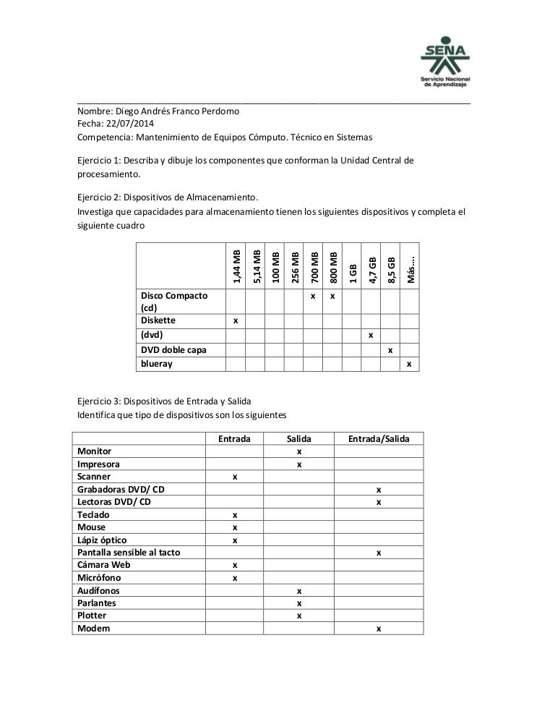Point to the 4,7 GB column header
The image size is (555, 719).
point(371,270)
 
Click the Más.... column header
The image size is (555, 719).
point(410,270)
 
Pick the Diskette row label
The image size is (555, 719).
point(158,320)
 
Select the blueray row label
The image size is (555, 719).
point(157,364)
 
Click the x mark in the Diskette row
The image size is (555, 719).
point(235,320)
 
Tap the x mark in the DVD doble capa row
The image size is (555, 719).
point(390,350)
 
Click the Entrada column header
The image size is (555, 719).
point(234,439)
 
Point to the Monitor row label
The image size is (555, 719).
point(95,451)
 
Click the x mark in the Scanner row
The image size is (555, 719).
point(234,477)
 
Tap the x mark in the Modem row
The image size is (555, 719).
point(378,629)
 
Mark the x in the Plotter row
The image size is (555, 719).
point(298,616)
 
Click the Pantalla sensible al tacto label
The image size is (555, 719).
point(129,553)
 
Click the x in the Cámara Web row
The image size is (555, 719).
point(234,565)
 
